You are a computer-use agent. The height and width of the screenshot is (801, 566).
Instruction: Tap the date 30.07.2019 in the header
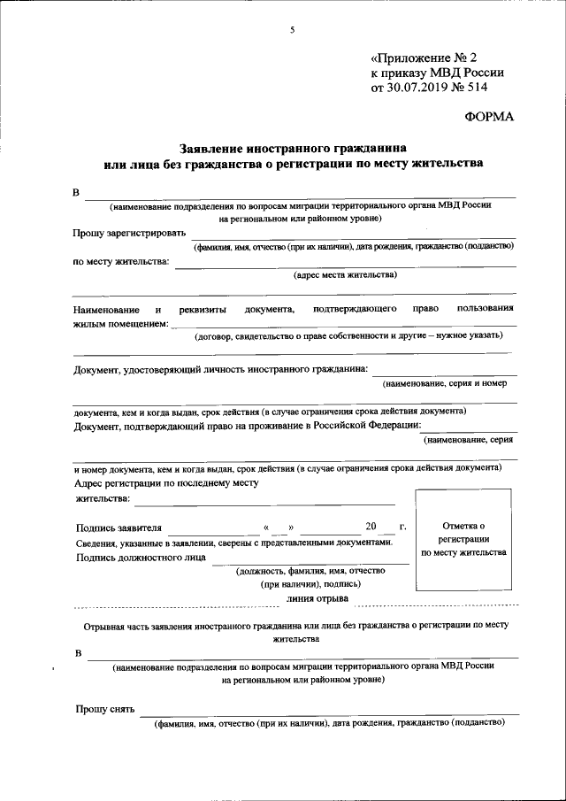coord(417,89)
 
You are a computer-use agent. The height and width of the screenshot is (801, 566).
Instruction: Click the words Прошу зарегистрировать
coord(130,234)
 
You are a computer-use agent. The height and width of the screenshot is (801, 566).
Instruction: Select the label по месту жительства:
coord(120,261)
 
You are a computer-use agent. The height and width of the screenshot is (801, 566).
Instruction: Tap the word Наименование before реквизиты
coord(107,309)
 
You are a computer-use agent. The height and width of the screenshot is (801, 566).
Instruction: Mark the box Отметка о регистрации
coord(464,539)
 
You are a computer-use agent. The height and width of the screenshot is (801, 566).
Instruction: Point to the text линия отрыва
coord(317,598)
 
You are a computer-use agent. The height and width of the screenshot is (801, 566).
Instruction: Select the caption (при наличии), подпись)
coord(310,584)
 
